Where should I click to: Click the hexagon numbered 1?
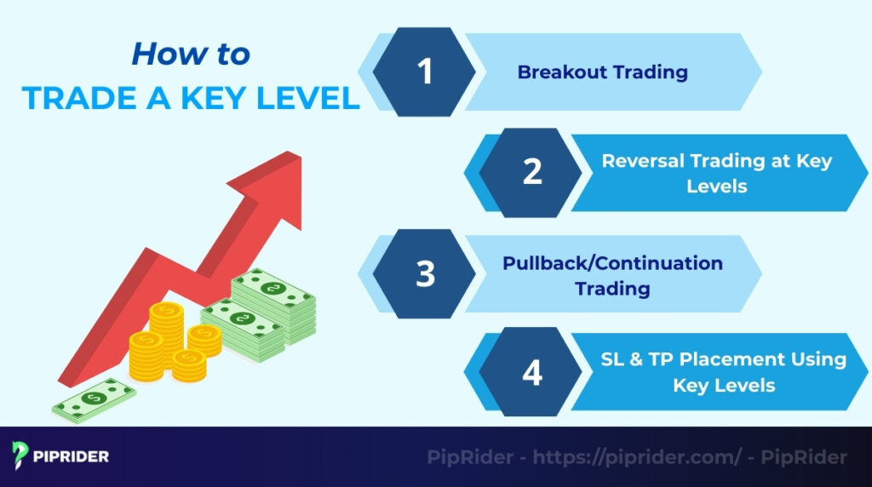click(425, 72)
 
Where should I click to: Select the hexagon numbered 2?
click(531, 172)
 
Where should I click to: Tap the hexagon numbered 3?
click(425, 273)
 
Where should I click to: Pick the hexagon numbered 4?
click(531, 373)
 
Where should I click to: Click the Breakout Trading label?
click(602, 72)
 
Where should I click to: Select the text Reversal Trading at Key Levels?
click(717, 173)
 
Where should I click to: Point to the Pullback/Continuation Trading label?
click(612, 275)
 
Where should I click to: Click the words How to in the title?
click(191, 54)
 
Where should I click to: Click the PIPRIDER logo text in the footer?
click(72, 456)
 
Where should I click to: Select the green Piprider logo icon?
click(21, 455)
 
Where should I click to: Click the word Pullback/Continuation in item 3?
click(612, 263)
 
